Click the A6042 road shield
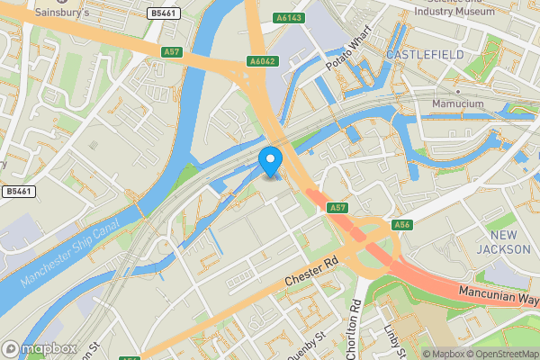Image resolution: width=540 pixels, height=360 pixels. click(x=261, y=62)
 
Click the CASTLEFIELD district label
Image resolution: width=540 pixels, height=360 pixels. click(x=425, y=55)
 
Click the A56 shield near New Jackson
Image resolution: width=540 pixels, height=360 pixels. click(x=402, y=224)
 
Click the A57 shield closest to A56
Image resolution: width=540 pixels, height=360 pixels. click(x=337, y=208)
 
